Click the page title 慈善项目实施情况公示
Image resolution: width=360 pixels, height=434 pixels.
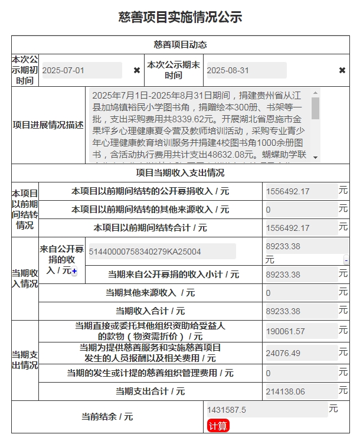tap(180, 17)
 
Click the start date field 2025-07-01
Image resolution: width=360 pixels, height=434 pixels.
tap(81, 70)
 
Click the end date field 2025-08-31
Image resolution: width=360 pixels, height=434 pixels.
tap(246, 70)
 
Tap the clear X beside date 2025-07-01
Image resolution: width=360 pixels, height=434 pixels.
tap(137, 70)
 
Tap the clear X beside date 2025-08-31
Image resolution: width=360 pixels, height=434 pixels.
tap(342, 70)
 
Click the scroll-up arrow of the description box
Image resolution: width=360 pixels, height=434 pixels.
tap(315, 92)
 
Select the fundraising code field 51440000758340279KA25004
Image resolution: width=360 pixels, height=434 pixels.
tap(161, 252)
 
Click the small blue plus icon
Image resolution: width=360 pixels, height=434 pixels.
tap(74, 271)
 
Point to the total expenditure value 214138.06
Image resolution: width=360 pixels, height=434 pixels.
tap(301, 391)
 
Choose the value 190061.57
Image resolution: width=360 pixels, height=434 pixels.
tap(301, 331)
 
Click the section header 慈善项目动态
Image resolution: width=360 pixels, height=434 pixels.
tap(180, 45)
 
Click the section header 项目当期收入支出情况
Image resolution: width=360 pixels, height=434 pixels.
tap(180, 173)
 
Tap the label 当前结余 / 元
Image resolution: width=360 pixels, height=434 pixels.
tap(107, 416)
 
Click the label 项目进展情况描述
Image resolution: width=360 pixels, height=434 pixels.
tap(48, 126)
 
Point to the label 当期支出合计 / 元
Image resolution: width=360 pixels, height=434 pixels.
tap(150, 391)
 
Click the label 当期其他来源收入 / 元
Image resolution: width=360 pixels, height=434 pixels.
tap(150, 292)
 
